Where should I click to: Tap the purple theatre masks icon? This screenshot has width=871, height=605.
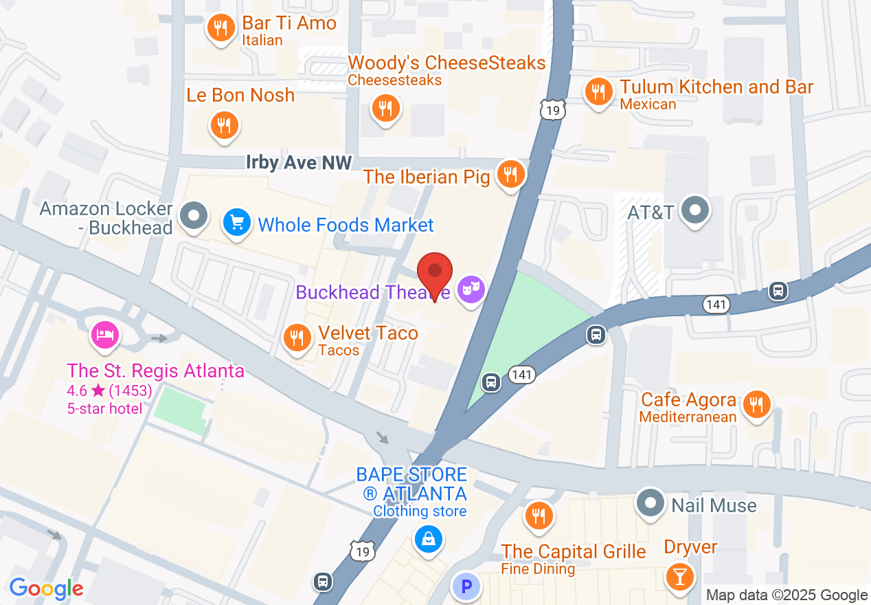pos(471,289)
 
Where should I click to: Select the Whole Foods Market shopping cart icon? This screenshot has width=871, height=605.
pos(237,223)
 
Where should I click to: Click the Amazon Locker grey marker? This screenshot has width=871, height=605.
pos(194,215)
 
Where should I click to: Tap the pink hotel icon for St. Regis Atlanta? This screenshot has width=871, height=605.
pos(105,335)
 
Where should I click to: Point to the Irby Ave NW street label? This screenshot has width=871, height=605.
pos(299,163)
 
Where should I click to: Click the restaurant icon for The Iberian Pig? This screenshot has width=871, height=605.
pos(510,174)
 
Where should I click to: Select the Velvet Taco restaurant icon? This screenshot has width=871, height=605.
pos(297,338)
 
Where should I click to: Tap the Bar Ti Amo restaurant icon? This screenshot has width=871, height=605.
pos(220,28)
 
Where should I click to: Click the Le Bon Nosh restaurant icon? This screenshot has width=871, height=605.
pos(223,125)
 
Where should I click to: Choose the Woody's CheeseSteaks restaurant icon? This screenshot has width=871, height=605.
pos(385,108)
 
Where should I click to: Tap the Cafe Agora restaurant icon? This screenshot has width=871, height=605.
pos(757,403)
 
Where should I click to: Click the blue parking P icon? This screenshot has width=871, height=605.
pos(466,588)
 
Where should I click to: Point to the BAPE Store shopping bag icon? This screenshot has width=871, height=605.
pos(428,538)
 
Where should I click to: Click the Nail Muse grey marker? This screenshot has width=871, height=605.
pos(650,503)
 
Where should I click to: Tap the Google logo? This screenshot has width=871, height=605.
pos(46,588)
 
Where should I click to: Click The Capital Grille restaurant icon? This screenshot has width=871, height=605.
pos(539,516)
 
